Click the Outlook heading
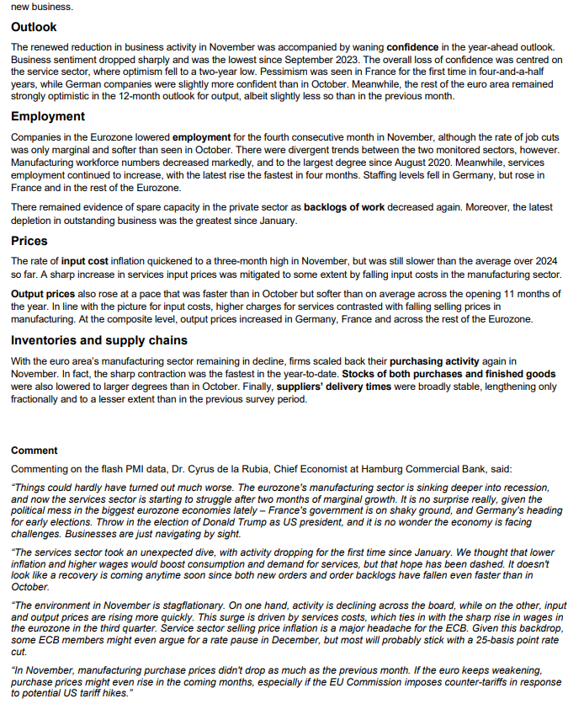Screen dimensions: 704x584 coord(35,28)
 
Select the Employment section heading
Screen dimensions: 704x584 coord(48,116)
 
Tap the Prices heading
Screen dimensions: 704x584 coord(29,241)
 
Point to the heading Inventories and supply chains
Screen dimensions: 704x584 coord(99,340)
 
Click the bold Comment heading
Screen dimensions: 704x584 coord(35,451)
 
